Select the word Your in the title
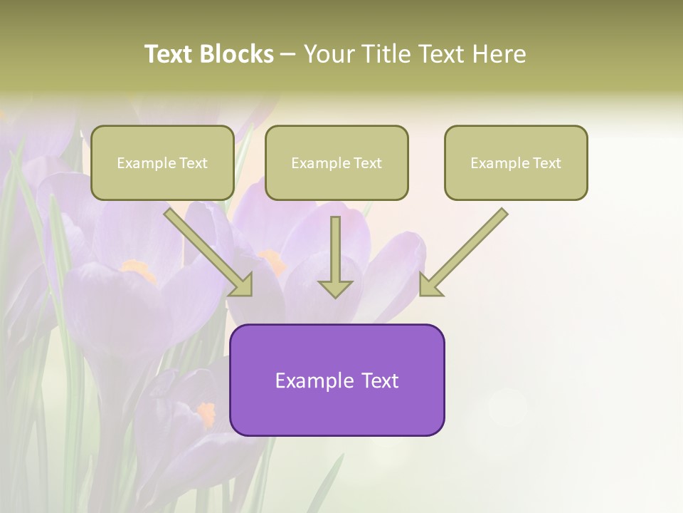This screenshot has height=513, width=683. point(329,54)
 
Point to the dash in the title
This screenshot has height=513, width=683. point(288,54)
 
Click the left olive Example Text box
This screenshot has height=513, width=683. point(162,163)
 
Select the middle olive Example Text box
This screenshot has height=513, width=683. point(337,163)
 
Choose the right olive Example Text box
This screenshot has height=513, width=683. point(516,163)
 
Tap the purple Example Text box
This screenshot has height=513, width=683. point(337,380)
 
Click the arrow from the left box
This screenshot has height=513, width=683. point(206,249)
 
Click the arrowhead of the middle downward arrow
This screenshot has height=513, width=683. point(335,288)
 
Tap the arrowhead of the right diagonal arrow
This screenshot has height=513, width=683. point(430,285)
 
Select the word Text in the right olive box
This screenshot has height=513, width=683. point(546,163)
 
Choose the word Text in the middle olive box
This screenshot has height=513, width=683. point(367,163)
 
